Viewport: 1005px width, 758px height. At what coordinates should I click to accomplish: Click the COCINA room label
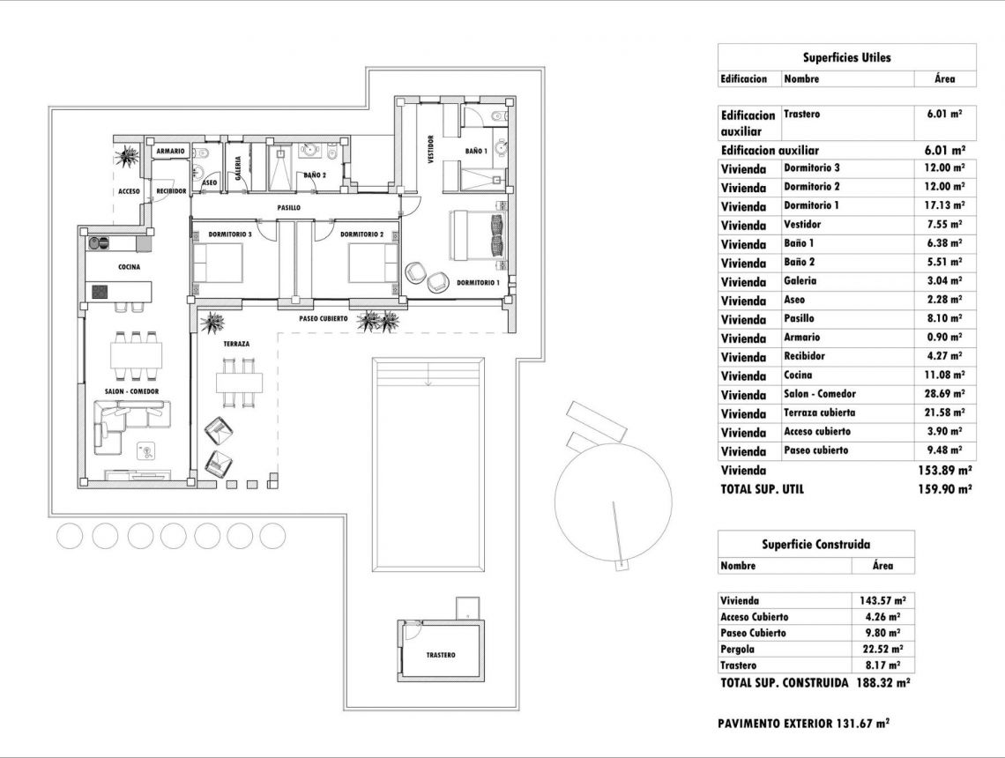tap(129, 266)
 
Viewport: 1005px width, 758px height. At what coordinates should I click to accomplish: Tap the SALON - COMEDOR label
tap(130, 390)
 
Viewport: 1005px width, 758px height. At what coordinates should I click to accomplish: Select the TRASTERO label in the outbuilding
tap(440, 655)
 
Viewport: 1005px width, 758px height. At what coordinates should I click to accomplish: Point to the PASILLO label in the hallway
tap(289, 208)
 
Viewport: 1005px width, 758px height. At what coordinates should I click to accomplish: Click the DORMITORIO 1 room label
tap(478, 283)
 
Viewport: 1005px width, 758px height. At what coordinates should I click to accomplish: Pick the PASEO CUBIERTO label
tap(323, 318)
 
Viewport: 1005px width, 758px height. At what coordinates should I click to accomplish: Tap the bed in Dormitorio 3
tap(218, 262)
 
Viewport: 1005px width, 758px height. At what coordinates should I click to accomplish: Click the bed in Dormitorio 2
tap(373, 262)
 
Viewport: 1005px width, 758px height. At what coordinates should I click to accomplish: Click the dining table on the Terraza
tap(240, 382)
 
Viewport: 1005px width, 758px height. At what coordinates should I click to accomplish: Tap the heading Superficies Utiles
tap(846, 57)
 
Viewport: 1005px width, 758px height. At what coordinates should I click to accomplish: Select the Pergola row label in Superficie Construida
tap(737, 650)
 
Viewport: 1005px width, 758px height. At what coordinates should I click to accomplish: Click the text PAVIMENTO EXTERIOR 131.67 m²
tap(803, 724)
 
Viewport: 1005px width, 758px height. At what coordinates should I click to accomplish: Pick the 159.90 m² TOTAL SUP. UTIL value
tap(944, 488)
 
